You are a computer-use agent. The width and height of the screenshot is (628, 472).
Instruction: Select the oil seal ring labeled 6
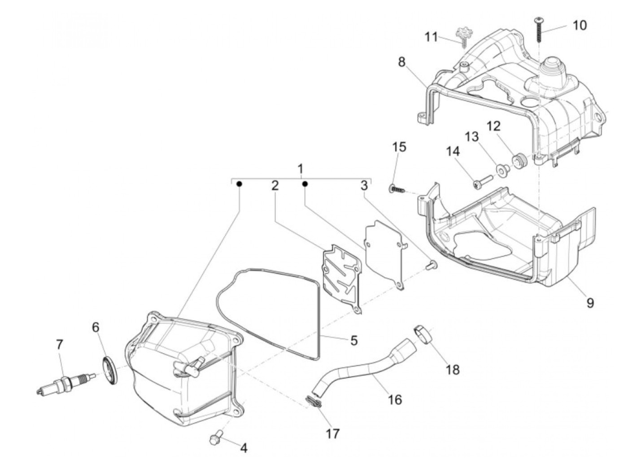[109, 370]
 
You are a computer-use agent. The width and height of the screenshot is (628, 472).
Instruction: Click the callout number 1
[300, 169]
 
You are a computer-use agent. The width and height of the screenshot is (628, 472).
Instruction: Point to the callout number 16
[395, 399]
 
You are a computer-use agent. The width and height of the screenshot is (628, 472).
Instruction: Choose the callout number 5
[353, 341]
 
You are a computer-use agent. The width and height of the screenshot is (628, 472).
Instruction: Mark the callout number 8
[401, 61]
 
